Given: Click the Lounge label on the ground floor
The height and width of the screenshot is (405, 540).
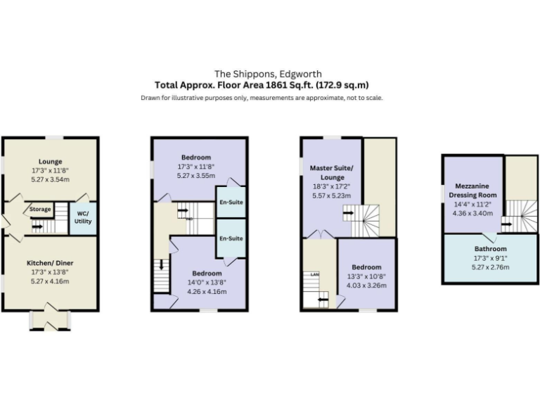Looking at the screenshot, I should coord(51,161).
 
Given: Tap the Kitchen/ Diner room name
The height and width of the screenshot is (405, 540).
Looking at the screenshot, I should coord(51,262).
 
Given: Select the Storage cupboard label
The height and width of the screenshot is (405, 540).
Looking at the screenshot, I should coord(40,209).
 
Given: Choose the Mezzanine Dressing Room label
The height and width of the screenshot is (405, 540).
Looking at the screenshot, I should coord(472,190).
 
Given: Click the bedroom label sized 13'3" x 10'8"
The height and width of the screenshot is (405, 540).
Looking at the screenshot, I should coord(367,267).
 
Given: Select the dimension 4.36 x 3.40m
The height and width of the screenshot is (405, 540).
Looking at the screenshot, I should coord(472,213).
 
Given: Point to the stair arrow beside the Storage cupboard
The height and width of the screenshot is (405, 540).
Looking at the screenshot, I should coord(37,226).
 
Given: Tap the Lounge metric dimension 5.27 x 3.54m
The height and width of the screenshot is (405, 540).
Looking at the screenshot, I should coord(51,179).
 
